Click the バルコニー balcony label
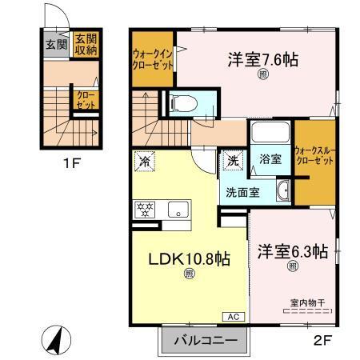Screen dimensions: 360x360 click(x=205, y=341)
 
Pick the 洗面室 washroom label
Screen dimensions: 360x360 click(x=240, y=192)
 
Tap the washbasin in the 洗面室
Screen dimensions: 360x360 click(x=283, y=191)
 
